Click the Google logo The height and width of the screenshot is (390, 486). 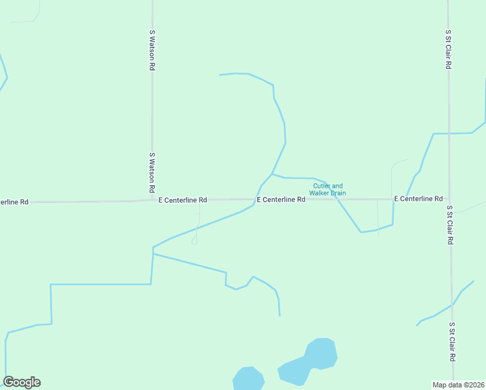tap(21, 382)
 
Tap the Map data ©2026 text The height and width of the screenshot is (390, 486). tap(459, 384)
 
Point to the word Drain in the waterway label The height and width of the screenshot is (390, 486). tap(338, 193)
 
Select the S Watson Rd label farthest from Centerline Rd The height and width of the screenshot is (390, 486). tap(152, 49)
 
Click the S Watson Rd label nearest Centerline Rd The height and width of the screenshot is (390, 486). tap(152, 172)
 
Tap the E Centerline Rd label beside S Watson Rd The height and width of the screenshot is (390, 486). tap(183, 200)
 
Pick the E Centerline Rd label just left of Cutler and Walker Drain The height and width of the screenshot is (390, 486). tap(281, 200)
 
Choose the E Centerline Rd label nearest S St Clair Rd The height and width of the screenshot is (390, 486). tap(418, 198)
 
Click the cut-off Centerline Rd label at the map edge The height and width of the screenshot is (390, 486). tap(14, 202)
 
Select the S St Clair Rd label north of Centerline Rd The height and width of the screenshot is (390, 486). tap(448, 49)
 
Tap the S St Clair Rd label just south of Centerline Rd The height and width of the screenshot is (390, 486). tap(450, 225)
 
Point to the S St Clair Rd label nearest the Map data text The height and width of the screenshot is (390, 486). tap(452, 342)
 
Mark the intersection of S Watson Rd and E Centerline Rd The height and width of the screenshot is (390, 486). tap(152, 200)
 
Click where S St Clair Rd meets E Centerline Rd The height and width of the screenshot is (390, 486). tap(449, 198)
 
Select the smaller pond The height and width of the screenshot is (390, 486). tap(248, 379)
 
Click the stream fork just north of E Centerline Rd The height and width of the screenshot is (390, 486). tap(272, 174)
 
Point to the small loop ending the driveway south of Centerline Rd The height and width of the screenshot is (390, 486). tap(194, 242)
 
